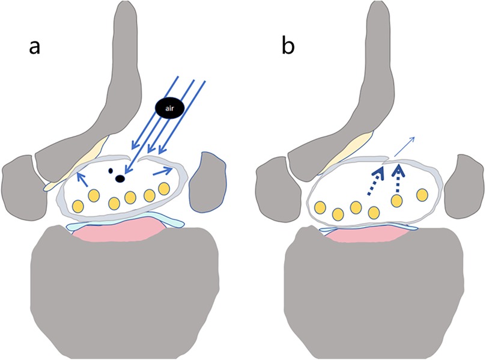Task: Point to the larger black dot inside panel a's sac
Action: tap(121, 178)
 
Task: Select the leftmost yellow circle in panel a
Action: tap(76, 205)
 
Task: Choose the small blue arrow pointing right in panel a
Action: tap(163, 172)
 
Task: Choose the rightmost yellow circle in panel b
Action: tap(422, 195)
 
